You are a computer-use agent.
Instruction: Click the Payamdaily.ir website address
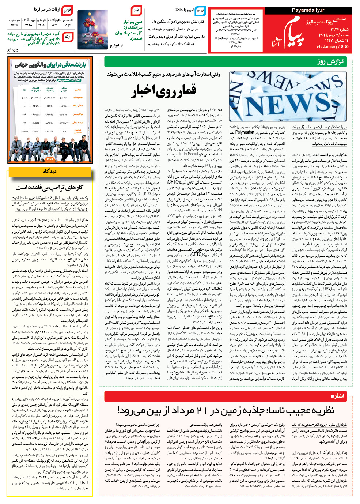click(x=308, y=10)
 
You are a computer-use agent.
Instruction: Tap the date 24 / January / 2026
click(x=332, y=46)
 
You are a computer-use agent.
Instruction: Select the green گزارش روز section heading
click(x=330, y=62)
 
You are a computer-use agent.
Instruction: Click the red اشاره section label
click(x=337, y=396)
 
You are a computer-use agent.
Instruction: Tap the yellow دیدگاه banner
click(x=50, y=171)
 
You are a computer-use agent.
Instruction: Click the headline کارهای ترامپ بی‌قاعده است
click(x=50, y=188)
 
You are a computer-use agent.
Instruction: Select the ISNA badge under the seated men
click(x=50, y=159)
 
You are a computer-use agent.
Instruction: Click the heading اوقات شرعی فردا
click(x=47, y=10)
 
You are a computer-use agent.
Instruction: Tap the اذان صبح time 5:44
click(x=68, y=25)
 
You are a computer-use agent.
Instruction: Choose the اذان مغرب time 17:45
click(x=14, y=25)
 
